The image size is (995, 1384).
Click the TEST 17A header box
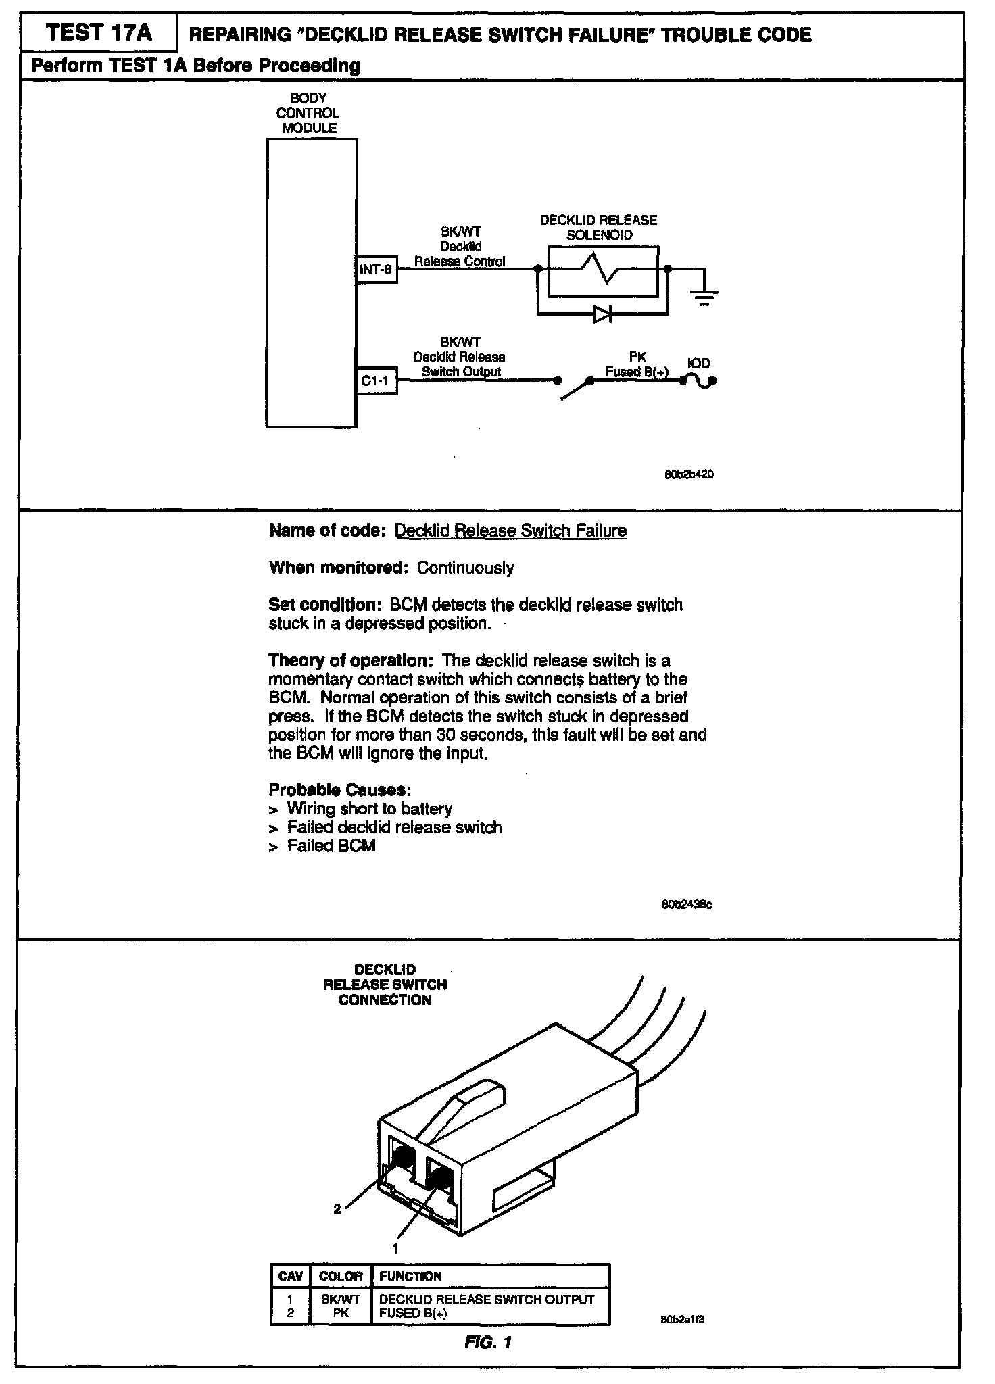99,32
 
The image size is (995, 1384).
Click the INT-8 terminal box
376,270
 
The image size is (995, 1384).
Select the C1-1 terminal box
376,381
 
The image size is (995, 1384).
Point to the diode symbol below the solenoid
602,314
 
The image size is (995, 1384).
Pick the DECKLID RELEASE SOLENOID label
598,228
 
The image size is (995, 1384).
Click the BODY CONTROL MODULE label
308,113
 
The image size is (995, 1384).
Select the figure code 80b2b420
689,474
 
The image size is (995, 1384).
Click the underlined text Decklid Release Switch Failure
510,530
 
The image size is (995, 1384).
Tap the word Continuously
465,568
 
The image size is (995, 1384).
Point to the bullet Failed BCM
331,846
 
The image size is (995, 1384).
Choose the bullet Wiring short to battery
369,809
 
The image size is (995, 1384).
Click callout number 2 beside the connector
338,1210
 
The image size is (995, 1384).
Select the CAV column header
290,1276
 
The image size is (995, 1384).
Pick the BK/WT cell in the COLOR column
341,1299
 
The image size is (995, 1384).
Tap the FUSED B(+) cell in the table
414,1313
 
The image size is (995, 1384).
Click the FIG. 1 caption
488,1342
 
